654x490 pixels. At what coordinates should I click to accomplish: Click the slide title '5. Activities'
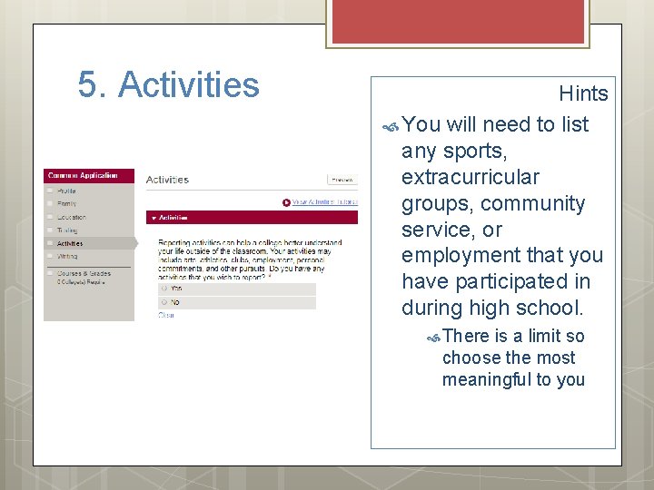click(169, 85)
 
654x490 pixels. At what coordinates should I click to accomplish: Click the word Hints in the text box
click(583, 93)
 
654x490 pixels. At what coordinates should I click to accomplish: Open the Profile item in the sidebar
click(67, 191)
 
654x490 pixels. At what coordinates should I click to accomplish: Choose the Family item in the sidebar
click(67, 204)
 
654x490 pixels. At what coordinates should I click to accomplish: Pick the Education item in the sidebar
click(72, 217)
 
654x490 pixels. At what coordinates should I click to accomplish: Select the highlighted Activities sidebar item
click(70, 243)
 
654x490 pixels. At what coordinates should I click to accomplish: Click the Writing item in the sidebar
click(68, 257)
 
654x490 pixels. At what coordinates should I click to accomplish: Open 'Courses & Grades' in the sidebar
click(84, 273)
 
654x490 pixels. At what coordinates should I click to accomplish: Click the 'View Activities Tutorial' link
click(322, 202)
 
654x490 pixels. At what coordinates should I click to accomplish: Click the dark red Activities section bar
click(252, 218)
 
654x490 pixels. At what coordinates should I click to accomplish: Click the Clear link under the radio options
click(166, 315)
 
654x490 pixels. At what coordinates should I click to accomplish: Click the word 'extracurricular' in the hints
click(470, 177)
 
